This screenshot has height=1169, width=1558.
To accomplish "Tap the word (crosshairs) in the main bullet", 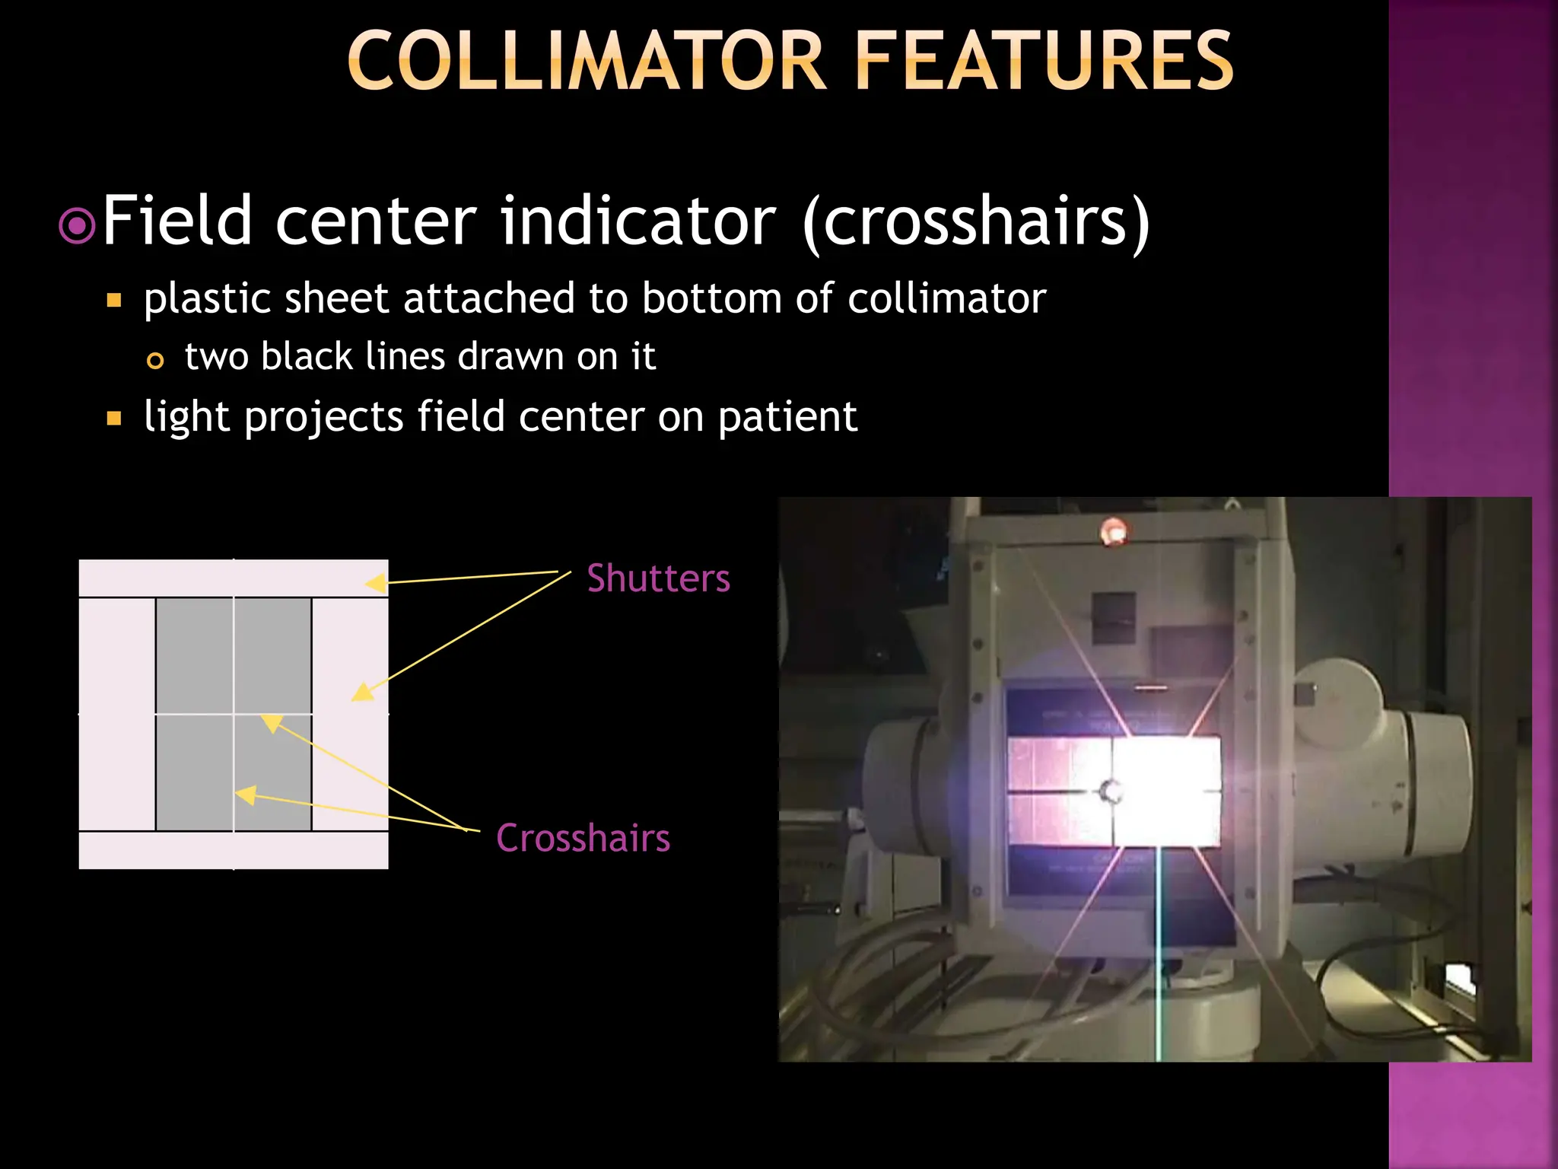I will pos(976,222).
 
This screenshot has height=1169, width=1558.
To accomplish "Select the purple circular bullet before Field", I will pos(77,226).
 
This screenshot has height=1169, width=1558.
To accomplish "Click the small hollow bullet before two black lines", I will pos(155,361).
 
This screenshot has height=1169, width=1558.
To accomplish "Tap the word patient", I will pos(787,418).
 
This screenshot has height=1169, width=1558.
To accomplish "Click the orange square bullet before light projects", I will pos(114,418).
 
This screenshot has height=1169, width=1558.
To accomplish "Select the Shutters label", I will pos(658,578).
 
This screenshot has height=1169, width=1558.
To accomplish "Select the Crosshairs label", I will pos(583,838).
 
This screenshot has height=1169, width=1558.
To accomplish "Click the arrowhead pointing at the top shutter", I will pos(375,584).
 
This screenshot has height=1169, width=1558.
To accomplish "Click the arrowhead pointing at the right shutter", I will pos(361,692).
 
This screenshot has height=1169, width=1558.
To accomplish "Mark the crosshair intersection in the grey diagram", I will pos(234,714).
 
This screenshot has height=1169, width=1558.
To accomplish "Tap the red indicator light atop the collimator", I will pos(1114,531).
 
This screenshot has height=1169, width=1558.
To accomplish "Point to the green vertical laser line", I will pos(1159,951).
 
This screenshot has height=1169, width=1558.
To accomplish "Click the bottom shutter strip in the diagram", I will pos(234,851).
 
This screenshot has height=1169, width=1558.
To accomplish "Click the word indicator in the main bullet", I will pos(638,222).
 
